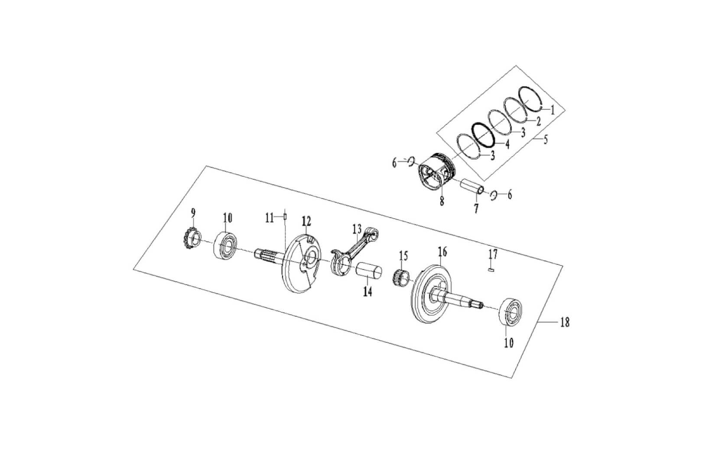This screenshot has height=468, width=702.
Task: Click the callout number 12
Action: pyautogui.click(x=307, y=221)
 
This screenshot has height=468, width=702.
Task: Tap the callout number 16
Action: pyautogui.click(x=442, y=251)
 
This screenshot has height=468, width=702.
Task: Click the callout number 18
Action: pyautogui.click(x=565, y=323)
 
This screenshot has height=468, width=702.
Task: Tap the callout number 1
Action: pyautogui.click(x=552, y=110)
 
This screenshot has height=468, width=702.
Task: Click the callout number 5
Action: pyautogui.click(x=546, y=140)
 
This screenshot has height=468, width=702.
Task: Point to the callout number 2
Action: pyautogui.click(x=538, y=121)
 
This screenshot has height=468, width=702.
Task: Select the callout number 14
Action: pyautogui.click(x=367, y=292)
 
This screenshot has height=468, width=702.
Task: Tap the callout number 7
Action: pyautogui.click(x=476, y=208)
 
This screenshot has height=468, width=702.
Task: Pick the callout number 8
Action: pyautogui.click(x=442, y=201)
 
